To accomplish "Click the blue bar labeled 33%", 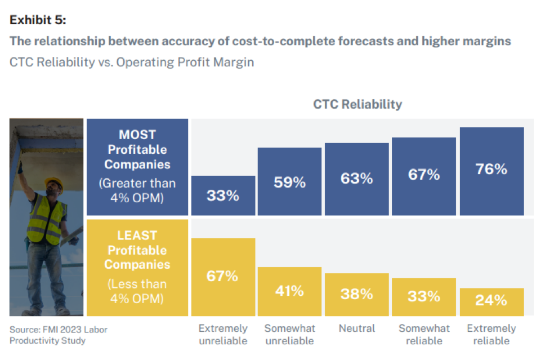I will click(x=223, y=195).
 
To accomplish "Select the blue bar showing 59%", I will click(x=289, y=181).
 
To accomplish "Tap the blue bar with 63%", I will click(x=356, y=179).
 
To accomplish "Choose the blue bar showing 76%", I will click(x=491, y=171).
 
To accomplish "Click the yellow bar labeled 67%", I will click(x=223, y=277).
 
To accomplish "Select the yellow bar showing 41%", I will click(x=289, y=291).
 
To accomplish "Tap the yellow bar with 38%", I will click(x=356, y=294).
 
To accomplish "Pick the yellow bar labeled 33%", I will click(x=423, y=296).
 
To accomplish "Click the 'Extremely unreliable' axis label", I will click(x=223, y=334).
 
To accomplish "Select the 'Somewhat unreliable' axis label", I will click(x=289, y=334).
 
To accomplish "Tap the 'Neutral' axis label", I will click(x=357, y=328).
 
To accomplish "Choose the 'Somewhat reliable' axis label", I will click(x=424, y=334).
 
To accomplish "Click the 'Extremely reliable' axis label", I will click(x=491, y=334).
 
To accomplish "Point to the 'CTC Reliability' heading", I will click(x=357, y=104).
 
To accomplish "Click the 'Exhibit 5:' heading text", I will click(x=38, y=20).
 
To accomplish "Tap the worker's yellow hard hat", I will click(x=53, y=183).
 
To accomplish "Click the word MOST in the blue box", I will click(x=137, y=135).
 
